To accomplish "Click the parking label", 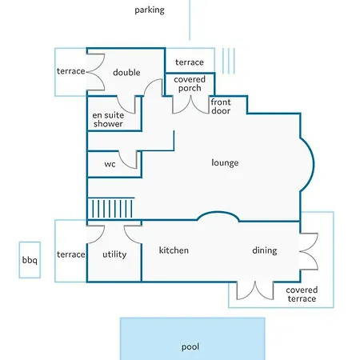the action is (150, 10).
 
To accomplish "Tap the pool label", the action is (190, 347).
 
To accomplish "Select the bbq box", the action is (30, 260).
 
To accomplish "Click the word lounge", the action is (225, 162).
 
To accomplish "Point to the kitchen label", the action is (174, 250).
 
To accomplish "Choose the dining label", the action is (265, 250).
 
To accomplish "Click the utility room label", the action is (114, 254).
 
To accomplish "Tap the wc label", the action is (110, 164).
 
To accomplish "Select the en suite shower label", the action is (108, 119).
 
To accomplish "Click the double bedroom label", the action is (126, 72).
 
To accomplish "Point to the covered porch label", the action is (190, 84).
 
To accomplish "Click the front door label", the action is (221, 106).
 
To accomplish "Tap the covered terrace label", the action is (302, 294).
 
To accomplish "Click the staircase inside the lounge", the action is (111, 208).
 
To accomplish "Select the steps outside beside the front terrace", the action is (229, 61).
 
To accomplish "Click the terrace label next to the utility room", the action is (71, 254).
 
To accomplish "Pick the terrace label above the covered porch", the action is (190, 62).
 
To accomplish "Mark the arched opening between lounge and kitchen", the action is (218, 212).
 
